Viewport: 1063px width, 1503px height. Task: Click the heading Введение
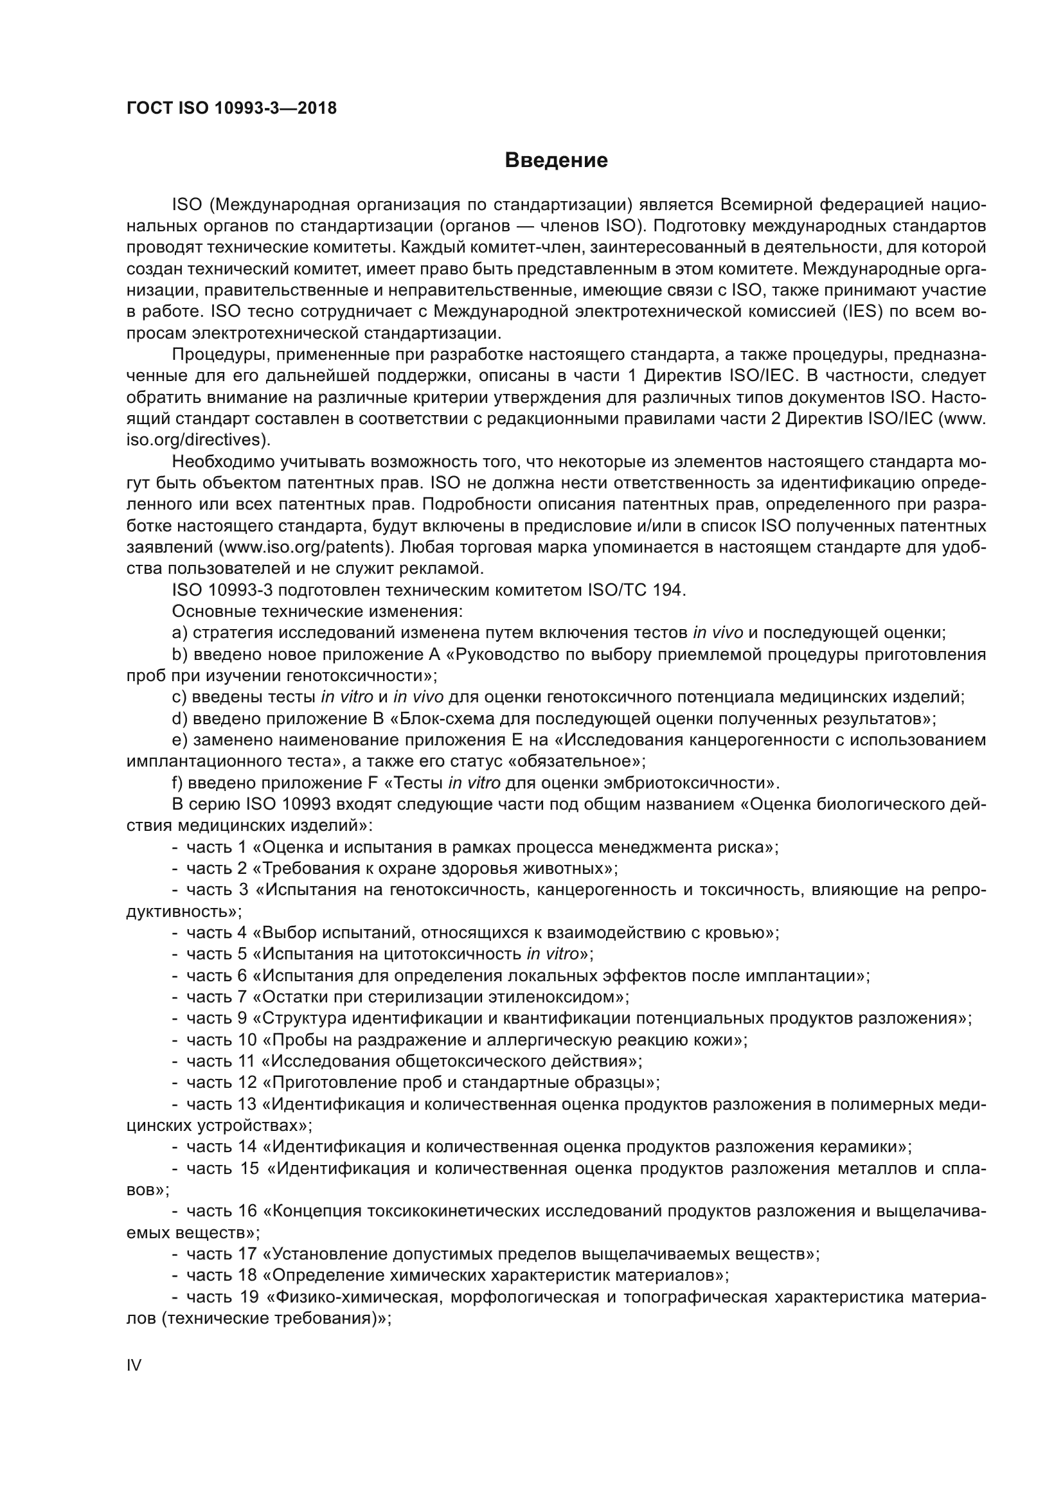(x=556, y=161)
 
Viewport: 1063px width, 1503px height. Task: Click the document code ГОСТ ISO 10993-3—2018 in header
(x=231, y=109)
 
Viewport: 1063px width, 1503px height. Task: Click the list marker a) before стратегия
(x=180, y=632)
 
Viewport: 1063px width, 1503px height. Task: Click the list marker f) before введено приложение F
(x=179, y=783)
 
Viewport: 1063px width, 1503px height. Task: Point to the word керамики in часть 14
(x=855, y=1147)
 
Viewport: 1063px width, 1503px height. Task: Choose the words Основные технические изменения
(x=317, y=611)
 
